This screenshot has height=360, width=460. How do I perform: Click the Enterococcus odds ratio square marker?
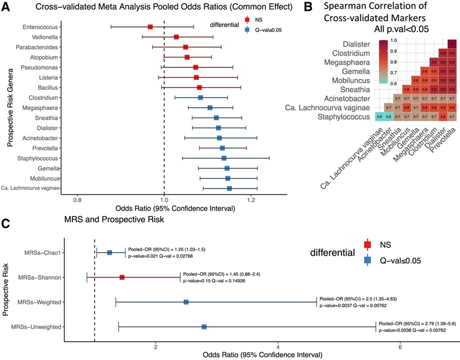pyautogui.click(x=150, y=27)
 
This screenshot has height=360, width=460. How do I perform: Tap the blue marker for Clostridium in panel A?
pyautogui.click(x=200, y=97)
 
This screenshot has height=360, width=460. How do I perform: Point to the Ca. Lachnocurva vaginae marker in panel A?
pyautogui.click(x=229, y=188)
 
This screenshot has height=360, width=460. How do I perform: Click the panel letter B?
pyautogui.click(x=308, y=7)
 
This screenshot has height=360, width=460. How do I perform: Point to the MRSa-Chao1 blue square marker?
pyautogui.click(x=110, y=253)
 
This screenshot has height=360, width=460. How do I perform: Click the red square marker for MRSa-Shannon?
pyautogui.click(x=122, y=277)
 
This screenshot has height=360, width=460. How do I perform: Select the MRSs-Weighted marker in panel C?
pyautogui.click(x=186, y=302)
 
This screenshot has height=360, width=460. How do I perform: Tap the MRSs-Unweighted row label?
pyautogui.click(x=40, y=326)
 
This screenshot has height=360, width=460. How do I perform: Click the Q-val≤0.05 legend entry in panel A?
pyautogui.click(x=268, y=30)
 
